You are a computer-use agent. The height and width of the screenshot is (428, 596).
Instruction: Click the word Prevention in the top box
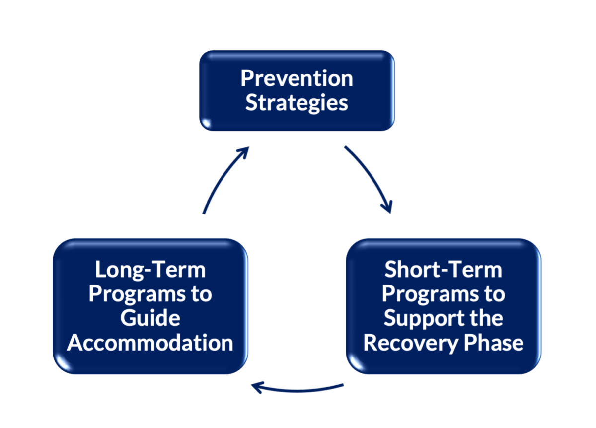(x=297, y=78)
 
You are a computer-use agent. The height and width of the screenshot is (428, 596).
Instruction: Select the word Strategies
(x=297, y=103)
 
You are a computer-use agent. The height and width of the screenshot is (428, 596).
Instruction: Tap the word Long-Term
(x=150, y=270)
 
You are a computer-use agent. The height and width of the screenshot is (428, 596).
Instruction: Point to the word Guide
(x=150, y=318)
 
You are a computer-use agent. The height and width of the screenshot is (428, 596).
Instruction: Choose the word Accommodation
(x=150, y=343)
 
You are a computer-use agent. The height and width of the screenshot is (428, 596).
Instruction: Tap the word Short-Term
(x=443, y=270)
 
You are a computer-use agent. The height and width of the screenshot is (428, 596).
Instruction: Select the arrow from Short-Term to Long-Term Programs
(x=298, y=389)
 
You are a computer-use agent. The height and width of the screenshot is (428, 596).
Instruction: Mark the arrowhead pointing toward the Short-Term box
(x=388, y=206)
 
